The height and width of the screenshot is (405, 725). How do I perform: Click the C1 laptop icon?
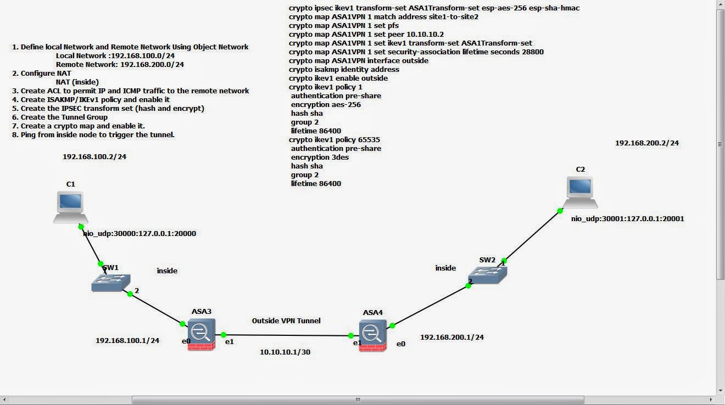pos(70,206)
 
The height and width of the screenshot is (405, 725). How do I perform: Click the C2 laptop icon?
pos(580,192)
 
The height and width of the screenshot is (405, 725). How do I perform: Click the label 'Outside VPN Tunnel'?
pos(286,320)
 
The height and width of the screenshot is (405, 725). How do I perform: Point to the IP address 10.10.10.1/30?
pos(285,352)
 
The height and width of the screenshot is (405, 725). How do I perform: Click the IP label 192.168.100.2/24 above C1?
pos(94,156)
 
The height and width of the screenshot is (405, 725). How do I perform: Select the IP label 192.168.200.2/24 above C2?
pos(646,143)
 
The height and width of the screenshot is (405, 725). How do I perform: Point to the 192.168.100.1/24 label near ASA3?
pos(127,340)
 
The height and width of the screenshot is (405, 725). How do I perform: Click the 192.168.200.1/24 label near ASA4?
pos(451,337)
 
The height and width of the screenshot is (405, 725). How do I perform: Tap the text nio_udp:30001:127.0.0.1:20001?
pos(627,218)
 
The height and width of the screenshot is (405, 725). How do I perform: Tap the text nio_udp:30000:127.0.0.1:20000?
pos(140,233)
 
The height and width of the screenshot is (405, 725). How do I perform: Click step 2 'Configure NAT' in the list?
pos(46,73)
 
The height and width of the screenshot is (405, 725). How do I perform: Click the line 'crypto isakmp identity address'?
pos(344,69)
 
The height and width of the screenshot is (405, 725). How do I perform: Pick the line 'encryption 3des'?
pos(320,157)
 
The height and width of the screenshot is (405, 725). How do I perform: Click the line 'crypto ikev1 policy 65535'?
pos(334,139)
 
